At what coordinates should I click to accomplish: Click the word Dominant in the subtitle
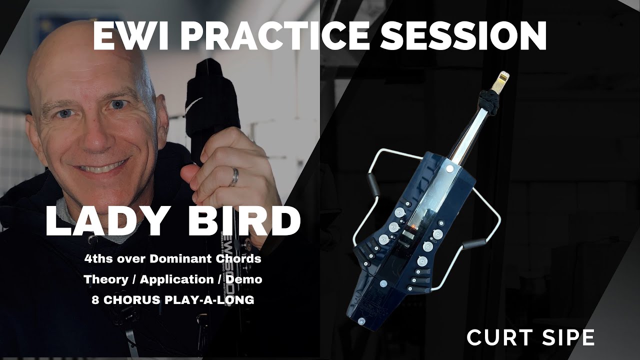[190, 259]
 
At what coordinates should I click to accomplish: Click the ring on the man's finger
[233, 177]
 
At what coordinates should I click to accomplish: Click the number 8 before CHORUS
[95, 300]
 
